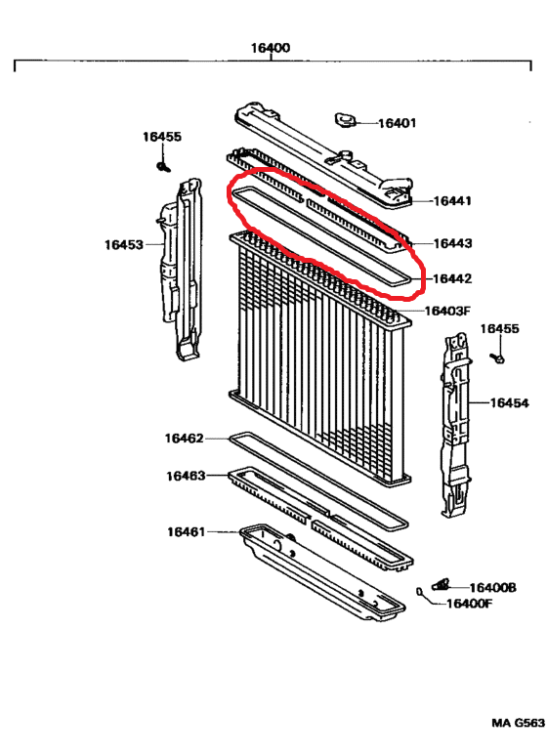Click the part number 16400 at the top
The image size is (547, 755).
click(x=271, y=48)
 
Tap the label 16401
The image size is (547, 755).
click(x=397, y=123)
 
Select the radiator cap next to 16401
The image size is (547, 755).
click(x=345, y=120)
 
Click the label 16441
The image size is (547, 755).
click(x=452, y=201)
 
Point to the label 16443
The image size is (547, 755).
click(x=452, y=243)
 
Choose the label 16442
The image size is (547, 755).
click(x=452, y=278)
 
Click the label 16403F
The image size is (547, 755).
click(x=446, y=311)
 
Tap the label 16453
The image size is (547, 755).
click(x=124, y=244)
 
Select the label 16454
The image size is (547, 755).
click(x=509, y=402)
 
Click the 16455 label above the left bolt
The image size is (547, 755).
click(x=162, y=137)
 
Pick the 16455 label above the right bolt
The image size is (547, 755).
click(x=499, y=329)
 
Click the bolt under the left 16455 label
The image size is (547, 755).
click(x=164, y=167)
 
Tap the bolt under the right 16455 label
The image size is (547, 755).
click(x=498, y=358)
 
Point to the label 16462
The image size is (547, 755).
click(x=184, y=439)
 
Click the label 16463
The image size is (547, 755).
click(x=186, y=476)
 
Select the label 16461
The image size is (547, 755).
click(x=186, y=532)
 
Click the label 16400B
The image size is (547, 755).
click(x=492, y=587)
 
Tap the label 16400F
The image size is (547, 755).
click(x=470, y=604)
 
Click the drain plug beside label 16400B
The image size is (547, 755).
click(x=441, y=584)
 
